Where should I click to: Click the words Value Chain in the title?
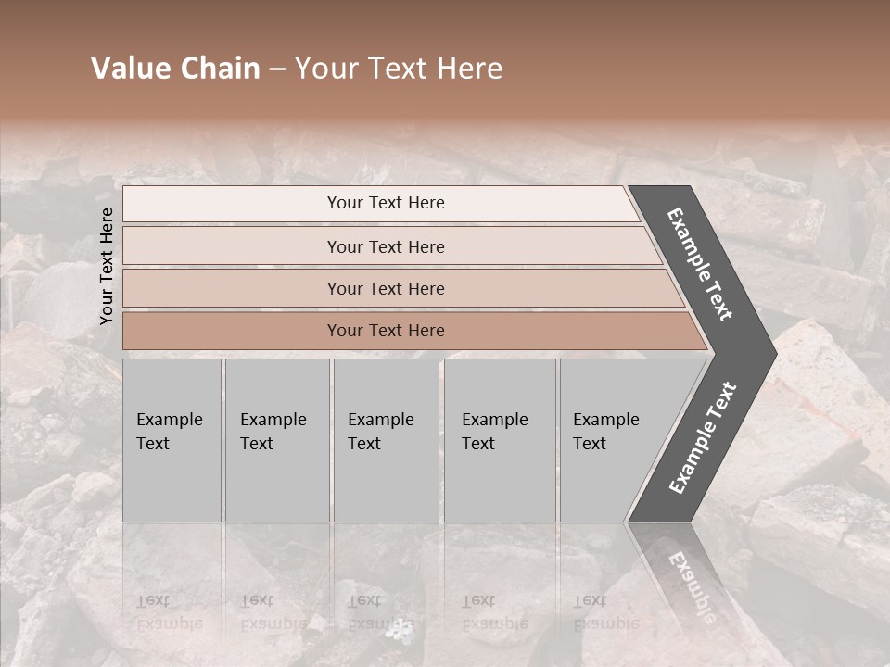[175, 69]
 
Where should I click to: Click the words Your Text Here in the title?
[399, 69]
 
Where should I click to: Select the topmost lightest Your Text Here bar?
[386, 203]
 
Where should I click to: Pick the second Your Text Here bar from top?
[386, 246]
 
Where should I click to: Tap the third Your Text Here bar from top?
[386, 288]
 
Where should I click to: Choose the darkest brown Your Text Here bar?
[386, 331]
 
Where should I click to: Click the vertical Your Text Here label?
[107, 266]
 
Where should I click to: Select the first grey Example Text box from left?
[172, 440]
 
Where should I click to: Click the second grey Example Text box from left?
[277, 440]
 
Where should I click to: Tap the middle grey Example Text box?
[386, 440]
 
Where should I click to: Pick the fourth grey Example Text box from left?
[500, 440]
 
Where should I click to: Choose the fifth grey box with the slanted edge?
[612, 440]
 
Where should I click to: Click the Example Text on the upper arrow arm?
[700, 264]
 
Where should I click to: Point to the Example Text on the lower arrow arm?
[702, 438]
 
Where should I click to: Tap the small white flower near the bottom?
[400, 631]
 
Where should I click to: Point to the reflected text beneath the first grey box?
[170, 612]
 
